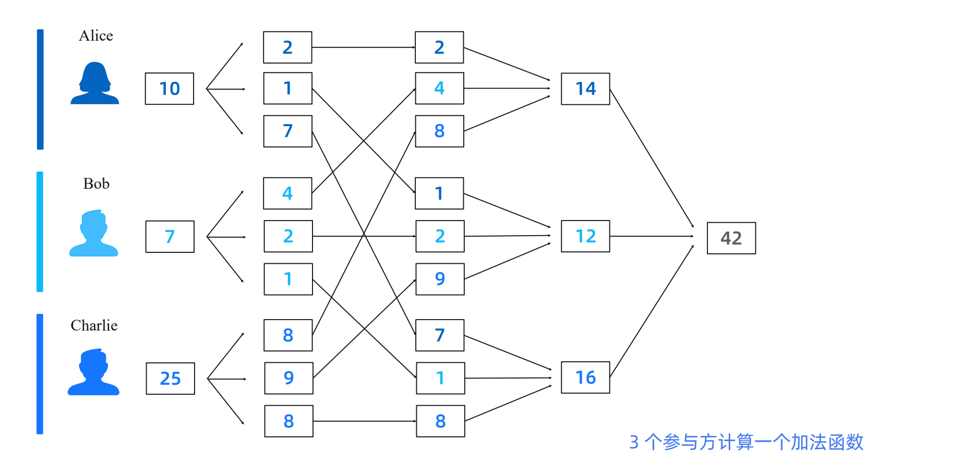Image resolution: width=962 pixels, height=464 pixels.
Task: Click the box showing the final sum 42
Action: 731,238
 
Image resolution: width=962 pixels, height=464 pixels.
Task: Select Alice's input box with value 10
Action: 170,89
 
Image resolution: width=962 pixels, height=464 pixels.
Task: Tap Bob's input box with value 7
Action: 170,237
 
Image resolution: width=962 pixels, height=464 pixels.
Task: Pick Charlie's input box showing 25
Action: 170,378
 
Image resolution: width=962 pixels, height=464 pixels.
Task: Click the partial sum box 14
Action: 585,89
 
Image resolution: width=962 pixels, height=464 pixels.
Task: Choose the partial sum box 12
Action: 585,236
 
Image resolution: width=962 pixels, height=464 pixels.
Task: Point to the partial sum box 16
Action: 585,377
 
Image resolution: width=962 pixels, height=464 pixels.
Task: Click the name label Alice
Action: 96,36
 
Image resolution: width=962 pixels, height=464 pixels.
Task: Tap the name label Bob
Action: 96,184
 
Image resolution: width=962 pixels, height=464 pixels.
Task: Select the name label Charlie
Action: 94,326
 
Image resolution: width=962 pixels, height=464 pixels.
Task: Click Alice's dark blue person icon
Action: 94,84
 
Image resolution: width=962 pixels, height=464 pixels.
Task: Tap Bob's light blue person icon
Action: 94,234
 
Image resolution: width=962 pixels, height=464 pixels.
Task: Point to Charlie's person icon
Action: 94,372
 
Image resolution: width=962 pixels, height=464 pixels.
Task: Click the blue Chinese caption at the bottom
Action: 746,442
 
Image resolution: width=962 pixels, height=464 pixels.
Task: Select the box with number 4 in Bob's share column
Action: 287,193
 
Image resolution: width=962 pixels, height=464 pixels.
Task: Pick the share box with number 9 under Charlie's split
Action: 288,378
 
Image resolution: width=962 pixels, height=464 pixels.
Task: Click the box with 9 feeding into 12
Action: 440,279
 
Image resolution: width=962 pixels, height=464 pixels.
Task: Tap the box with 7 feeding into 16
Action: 440,335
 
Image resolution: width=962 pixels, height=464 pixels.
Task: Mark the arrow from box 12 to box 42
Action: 652,236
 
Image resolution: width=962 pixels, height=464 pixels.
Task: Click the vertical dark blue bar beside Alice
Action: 40,89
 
